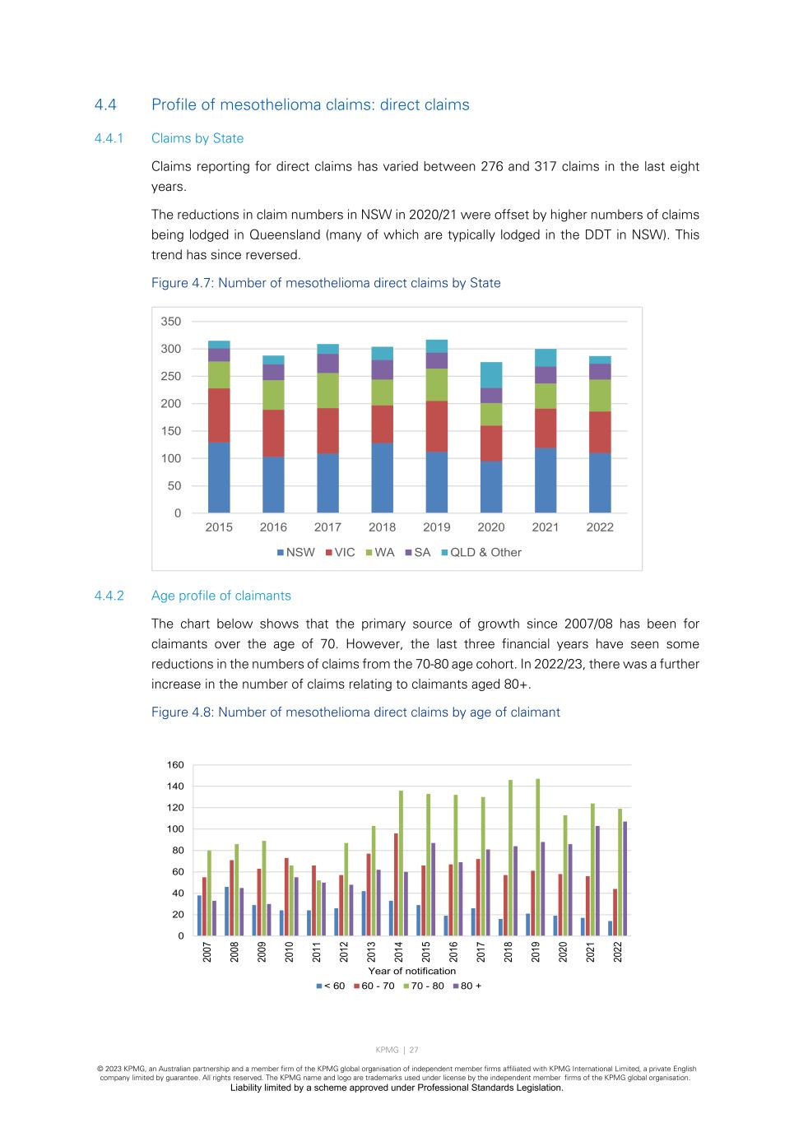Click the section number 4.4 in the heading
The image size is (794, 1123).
[x=105, y=104]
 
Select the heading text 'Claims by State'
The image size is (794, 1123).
[x=197, y=138]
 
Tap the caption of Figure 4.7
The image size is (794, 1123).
[x=326, y=283]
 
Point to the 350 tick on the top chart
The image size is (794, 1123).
[x=171, y=322]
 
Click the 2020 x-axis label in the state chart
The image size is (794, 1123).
[x=491, y=527]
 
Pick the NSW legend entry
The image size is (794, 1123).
[x=295, y=553]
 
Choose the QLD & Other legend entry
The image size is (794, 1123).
[x=481, y=553]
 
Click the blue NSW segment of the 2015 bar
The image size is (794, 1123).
[x=219, y=477]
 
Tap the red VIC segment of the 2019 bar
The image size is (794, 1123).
[x=437, y=426]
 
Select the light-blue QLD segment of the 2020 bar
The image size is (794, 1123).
[x=491, y=375]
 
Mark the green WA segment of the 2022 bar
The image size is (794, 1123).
[x=600, y=395]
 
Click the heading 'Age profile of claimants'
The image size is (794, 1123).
[x=221, y=596]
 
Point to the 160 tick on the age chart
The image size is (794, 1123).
[x=175, y=765]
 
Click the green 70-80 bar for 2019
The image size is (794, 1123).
[x=538, y=857]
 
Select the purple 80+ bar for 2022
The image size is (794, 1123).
[x=625, y=879]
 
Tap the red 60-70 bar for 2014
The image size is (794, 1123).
[x=396, y=884]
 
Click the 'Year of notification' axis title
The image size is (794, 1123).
[x=411, y=971]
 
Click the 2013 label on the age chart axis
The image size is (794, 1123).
[x=372, y=952]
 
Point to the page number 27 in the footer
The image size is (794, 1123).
[x=415, y=1050]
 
